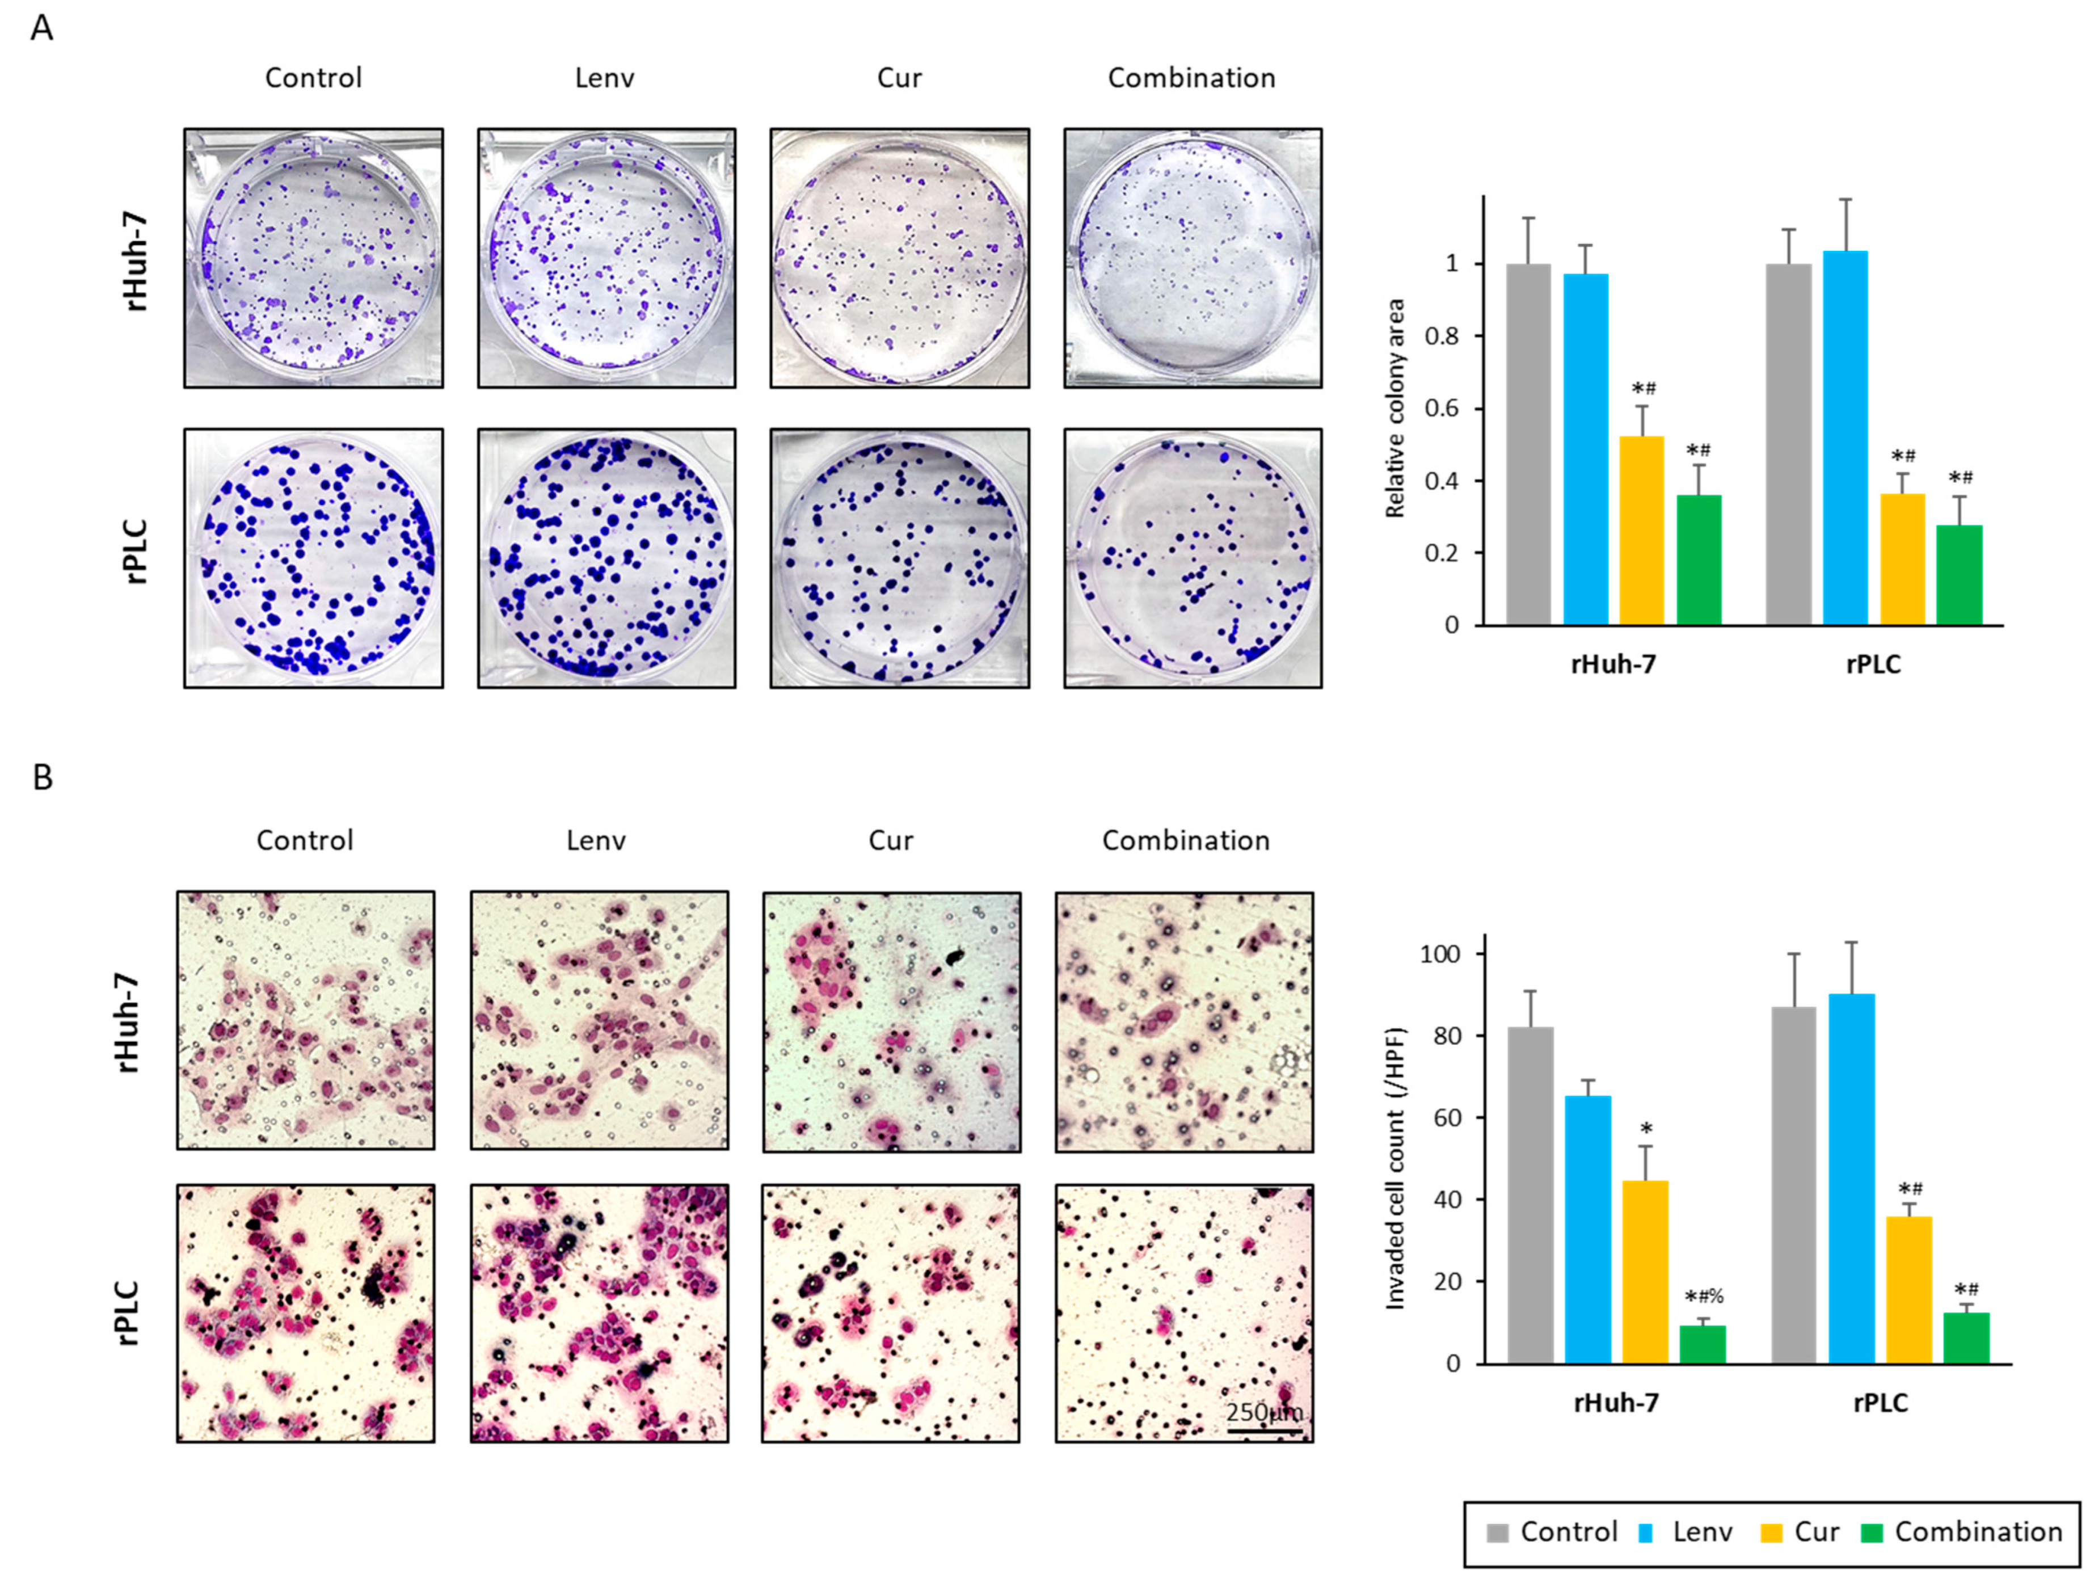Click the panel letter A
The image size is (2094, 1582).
(41, 28)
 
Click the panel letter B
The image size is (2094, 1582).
(43, 777)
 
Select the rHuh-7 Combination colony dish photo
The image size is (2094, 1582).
(1192, 258)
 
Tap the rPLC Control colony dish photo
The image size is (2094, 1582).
(313, 558)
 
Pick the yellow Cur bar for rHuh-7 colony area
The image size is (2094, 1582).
(1641, 530)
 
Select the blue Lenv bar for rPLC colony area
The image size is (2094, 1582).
(1845, 437)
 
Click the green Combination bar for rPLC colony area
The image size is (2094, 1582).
(1958, 575)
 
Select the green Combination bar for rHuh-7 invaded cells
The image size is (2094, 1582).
(1702, 1344)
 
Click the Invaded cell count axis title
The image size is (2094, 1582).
(1396, 1169)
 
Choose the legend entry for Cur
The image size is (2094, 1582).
(1798, 1531)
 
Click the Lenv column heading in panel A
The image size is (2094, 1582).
(604, 78)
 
